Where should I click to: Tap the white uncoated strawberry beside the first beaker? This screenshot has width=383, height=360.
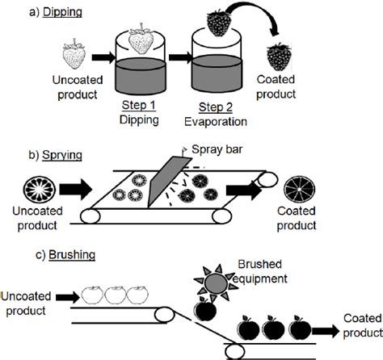click(x=74, y=57)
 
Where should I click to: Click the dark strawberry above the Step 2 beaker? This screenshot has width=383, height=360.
click(x=220, y=22)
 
